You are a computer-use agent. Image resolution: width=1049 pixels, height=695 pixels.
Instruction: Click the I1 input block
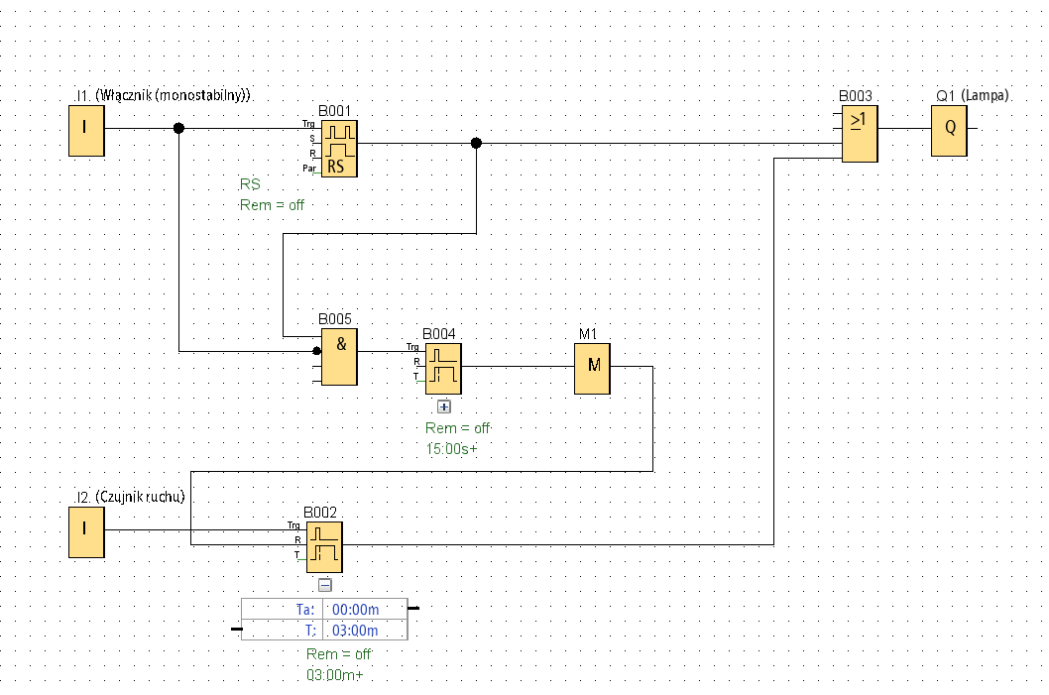(86, 131)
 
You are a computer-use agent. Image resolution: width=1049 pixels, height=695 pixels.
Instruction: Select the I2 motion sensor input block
(86, 531)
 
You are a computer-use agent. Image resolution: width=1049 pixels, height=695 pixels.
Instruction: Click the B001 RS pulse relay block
(339, 149)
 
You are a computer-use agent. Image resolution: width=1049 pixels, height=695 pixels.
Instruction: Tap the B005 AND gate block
(339, 357)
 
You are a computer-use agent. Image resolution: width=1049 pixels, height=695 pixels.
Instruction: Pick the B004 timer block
(443, 369)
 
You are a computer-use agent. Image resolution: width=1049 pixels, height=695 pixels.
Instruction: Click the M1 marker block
(592, 369)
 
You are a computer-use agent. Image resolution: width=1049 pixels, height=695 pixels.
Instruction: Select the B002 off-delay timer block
(324, 547)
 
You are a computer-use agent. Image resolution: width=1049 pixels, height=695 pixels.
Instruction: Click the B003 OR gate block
(860, 134)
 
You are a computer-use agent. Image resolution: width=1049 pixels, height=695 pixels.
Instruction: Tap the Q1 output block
(949, 131)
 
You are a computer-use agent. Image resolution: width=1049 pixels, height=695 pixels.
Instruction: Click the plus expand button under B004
(443, 406)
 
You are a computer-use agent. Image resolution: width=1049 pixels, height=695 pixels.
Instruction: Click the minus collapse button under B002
(324, 585)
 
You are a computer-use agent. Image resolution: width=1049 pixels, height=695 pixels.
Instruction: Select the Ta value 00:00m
(355, 610)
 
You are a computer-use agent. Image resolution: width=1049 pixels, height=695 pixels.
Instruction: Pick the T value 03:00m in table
(355, 631)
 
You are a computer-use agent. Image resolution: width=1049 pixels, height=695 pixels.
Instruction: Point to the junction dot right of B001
(476, 143)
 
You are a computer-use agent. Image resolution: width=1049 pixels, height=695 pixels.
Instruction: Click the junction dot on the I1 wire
(178, 129)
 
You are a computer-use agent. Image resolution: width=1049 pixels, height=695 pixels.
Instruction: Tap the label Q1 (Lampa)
(972, 95)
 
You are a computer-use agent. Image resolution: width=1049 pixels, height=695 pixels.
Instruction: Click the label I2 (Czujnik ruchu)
(131, 497)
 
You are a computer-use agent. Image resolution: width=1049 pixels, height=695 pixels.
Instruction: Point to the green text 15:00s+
(451, 449)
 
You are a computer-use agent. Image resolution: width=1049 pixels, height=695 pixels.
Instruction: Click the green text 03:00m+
(334, 675)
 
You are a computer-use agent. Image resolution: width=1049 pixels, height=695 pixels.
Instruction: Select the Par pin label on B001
(309, 168)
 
